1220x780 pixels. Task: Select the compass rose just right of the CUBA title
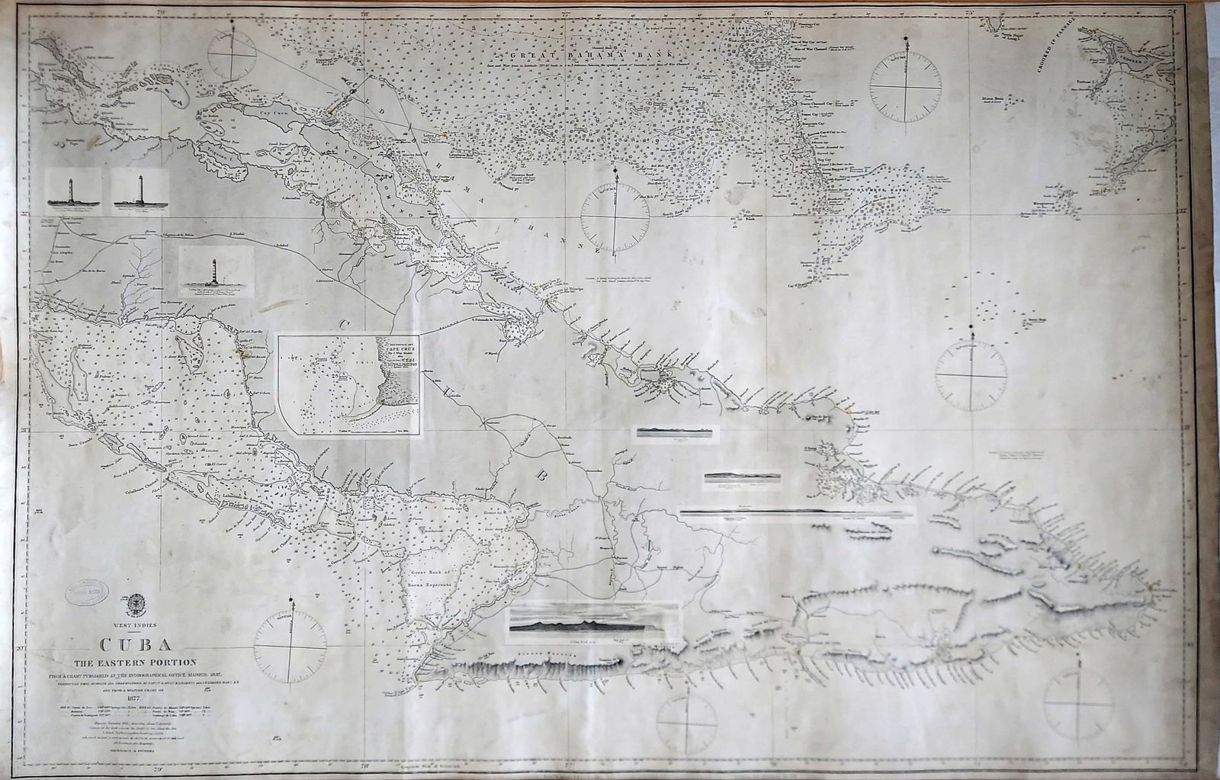point(291,649)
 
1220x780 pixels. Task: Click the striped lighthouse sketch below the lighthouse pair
point(216,271)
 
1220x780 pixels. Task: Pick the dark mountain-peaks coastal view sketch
point(593,624)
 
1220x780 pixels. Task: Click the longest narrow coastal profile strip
point(797,512)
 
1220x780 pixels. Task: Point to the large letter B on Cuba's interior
point(543,477)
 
